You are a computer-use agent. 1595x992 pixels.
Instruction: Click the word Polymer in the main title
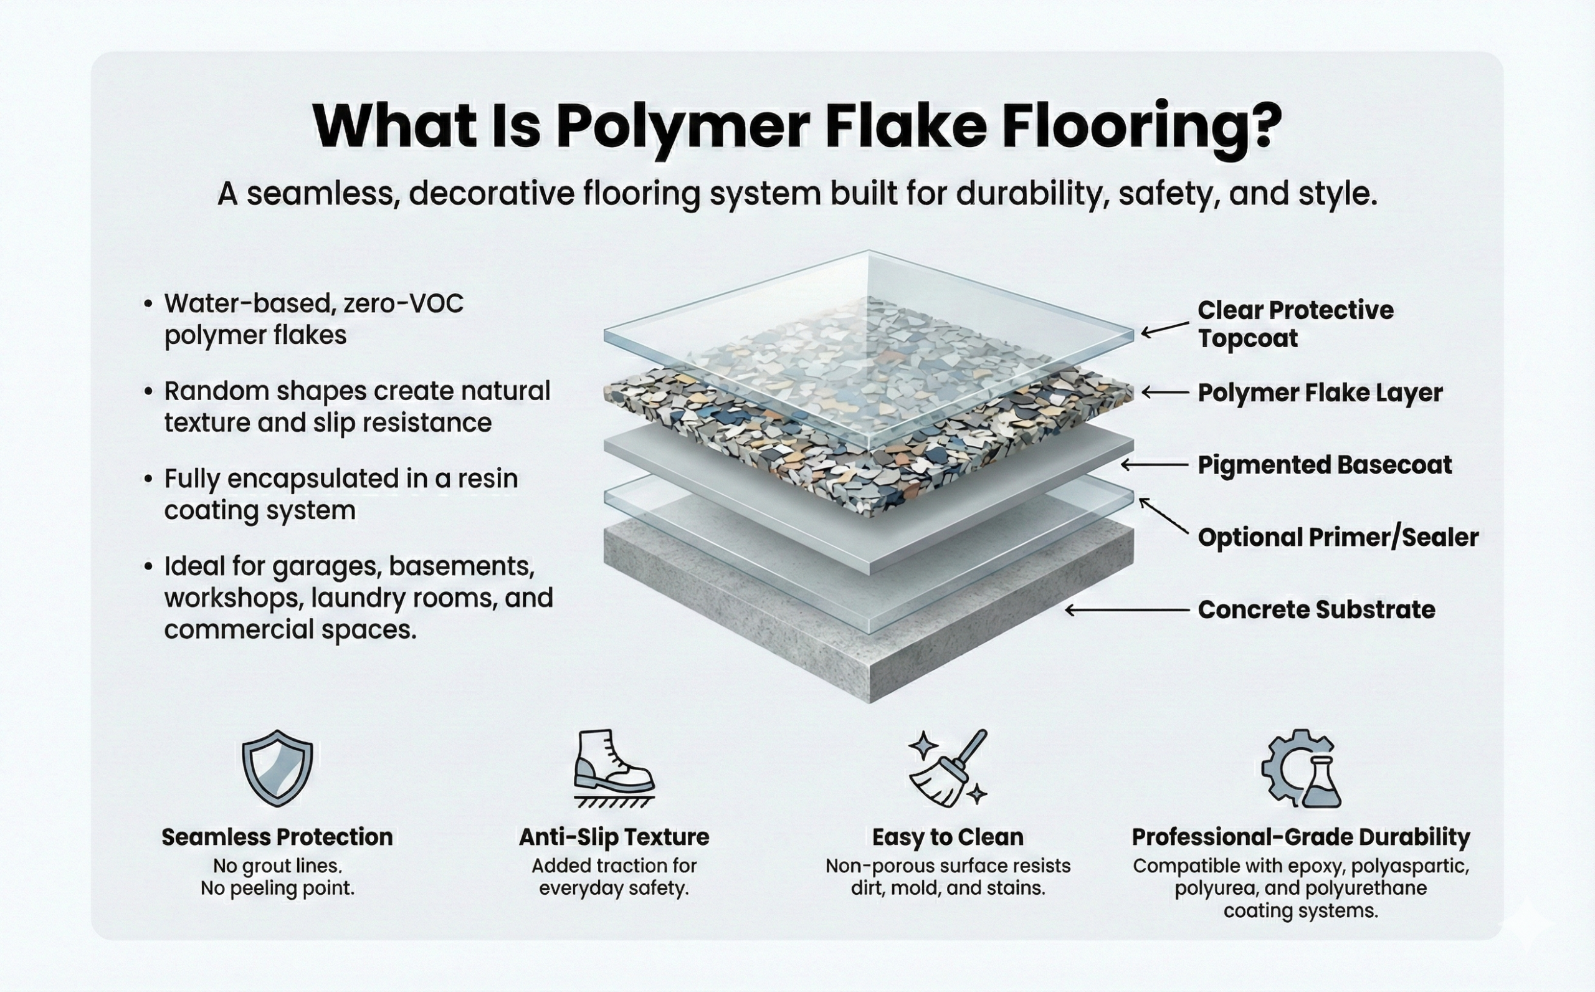click(x=683, y=126)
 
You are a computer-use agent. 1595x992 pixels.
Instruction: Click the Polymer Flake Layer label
click(x=1320, y=393)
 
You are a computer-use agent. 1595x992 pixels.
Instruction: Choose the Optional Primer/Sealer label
click(x=1337, y=537)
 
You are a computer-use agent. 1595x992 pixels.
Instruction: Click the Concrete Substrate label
click(x=1316, y=609)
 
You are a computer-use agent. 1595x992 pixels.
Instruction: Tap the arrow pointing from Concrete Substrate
click(x=1126, y=610)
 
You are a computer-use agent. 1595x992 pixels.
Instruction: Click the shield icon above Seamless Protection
click(x=277, y=768)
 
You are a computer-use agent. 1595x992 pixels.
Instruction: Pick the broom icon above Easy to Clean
click(x=948, y=768)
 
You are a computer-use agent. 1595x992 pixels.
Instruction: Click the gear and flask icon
click(x=1300, y=769)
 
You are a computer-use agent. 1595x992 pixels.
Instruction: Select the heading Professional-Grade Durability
click(x=1300, y=837)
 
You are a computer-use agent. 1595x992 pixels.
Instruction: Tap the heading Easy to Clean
click(x=947, y=837)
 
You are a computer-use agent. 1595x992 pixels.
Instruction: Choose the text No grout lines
click(x=277, y=867)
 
